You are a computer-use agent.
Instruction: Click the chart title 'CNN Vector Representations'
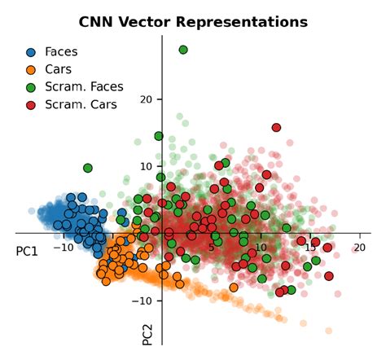click(x=193, y=21)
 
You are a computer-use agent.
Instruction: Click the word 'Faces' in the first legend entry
click(x=63, y=52)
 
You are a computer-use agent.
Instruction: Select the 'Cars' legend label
click(x=59, y=69)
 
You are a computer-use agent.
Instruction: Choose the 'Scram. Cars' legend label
click(x=81, y=104)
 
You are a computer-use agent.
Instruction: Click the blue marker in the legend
click(x=31, y=52)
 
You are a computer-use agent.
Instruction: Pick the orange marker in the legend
click(x=31, y=69)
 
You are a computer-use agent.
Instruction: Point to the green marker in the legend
click(x=31, y=87)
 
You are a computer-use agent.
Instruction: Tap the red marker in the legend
click(x=31, y=104)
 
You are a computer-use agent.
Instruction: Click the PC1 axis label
click(x=27, y=252)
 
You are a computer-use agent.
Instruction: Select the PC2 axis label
click(x=148, y=335)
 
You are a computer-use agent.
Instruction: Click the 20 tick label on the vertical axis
click(x=147, y=99)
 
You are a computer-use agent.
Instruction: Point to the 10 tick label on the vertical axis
click(x=147, y=166)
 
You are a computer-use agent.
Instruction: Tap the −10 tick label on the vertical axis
click(x=143, y=301)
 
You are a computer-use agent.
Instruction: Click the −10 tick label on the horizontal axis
click(x=62, y=248)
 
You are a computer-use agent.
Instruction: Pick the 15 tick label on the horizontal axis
click(x=310, y=248)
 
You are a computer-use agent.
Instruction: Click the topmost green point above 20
click(x=183, y=50)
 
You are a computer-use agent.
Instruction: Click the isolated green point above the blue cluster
click(x=88, y=168)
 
